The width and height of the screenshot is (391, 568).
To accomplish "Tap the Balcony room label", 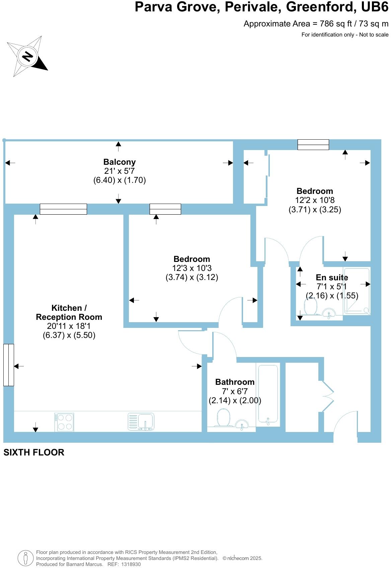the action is [120, 162].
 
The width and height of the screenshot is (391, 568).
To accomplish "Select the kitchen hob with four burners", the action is [64, 422].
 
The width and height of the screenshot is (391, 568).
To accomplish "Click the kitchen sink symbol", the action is [141, 422].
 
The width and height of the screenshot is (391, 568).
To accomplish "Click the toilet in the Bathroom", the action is [224, 418].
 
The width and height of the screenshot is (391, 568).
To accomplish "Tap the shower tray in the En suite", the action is [357, 291].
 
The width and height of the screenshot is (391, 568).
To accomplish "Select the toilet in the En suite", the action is [311, 306].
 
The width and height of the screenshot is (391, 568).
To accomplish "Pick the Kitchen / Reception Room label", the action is [69, 312].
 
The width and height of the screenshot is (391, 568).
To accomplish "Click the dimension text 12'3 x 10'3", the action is [192, 268].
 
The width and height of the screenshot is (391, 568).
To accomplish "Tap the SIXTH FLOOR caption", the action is [34, 452].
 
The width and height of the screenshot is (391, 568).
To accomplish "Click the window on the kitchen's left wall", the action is [9, 365].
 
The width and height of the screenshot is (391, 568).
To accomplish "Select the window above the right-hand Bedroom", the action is [313, 145].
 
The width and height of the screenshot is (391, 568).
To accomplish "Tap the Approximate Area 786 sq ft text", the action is [316, 24].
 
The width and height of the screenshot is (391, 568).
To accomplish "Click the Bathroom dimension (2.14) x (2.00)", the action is [235, 400].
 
